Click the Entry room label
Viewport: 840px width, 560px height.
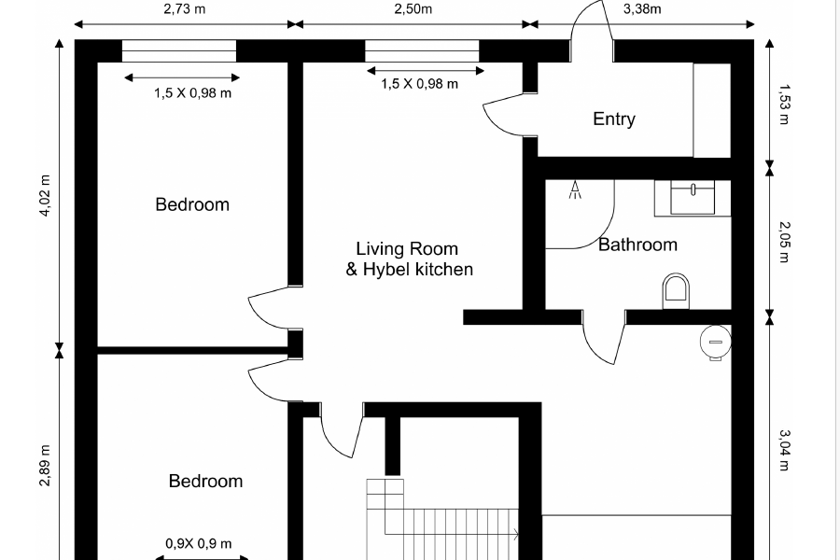(614, 119)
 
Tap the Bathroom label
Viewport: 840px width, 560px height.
(637, 245)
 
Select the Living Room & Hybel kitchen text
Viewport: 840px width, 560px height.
(410, 259)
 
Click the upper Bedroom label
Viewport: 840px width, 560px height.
(192, 204)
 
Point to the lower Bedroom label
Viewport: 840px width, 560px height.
(205, 481)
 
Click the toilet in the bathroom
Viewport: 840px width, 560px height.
(676, 291)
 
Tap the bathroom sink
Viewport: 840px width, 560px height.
(693, 198)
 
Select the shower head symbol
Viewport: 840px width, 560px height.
(575, 189)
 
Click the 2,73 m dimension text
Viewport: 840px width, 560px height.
(185, 9)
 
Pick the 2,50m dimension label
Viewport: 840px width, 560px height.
(413, 9)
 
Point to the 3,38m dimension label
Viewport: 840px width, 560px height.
(642, 9)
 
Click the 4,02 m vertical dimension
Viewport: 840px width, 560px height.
(45, 196)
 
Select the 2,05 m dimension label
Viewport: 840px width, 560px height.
(784, 243)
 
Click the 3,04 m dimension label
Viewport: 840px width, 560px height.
(784, 450)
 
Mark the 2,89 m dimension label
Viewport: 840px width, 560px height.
(45, 466)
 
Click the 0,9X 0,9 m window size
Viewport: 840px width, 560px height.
(199, 543)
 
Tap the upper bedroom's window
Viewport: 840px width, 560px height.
(179, 51)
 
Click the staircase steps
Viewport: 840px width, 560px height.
(442, 520)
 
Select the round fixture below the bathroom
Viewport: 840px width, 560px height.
(716, 343)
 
